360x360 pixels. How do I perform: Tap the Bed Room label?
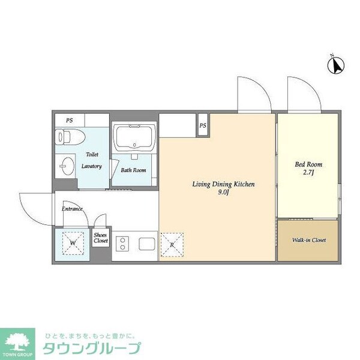(x=308, y=164)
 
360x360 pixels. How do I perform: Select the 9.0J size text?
(x=223, y=193)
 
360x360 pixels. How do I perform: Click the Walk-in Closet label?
(x=308, y=240)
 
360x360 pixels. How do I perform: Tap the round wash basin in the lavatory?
(x=64, y=166)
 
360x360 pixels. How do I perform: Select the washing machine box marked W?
(x=72, y=244)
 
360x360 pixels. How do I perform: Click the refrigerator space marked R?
(x=172, y=245)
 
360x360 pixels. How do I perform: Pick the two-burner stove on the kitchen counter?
(x=124, y=244)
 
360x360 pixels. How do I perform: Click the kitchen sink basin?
(x=147, y=244)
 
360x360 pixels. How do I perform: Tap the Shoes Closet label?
(x=101, y=238)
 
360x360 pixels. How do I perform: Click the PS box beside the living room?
(x=203, y=125)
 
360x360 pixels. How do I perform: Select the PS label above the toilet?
(x=70, y=120)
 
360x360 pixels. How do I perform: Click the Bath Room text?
(x=133, y=170)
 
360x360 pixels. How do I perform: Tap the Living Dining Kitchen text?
(x=223, y=184)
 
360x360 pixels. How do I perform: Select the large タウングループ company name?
(x=91, y=348)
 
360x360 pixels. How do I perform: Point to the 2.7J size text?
(x=308, y=172)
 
